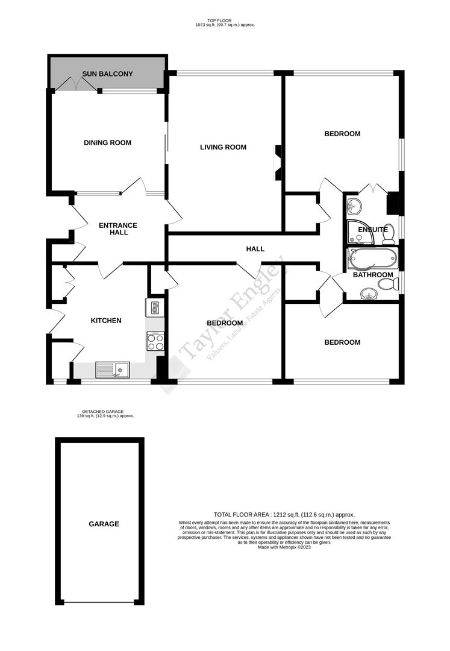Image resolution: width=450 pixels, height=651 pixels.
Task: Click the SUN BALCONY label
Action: click(108, 74)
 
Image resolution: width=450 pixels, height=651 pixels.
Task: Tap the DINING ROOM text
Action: click(107, 143)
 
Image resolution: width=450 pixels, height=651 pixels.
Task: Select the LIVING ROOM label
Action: click(223, 147)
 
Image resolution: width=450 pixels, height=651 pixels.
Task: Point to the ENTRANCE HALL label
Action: click(118, 229)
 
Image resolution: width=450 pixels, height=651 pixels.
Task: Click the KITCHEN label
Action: click(106, 321)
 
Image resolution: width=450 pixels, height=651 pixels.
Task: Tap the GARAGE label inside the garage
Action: click(104, 524)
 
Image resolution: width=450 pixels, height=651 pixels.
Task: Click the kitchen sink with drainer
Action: click(113, 369)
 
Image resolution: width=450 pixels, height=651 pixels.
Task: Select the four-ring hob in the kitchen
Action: click(155, 342)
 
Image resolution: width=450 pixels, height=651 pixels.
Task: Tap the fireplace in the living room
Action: click(278, 163)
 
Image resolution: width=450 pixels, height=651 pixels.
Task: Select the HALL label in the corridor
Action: click(255, 249)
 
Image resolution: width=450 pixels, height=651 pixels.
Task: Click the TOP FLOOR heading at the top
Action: click(225, 20)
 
